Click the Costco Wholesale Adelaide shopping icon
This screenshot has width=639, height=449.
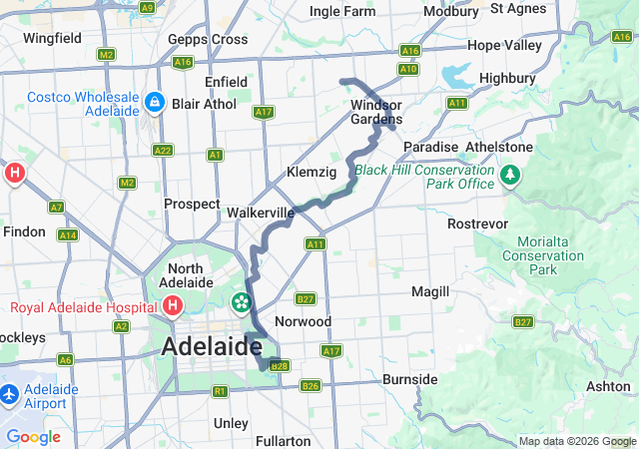tap(154, 102)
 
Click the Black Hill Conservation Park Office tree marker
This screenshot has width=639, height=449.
tap(510, 176)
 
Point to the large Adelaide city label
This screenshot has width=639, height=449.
tap(211, 346)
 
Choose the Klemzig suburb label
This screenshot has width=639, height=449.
tap(312, 172)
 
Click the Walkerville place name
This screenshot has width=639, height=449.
tap(261, 213)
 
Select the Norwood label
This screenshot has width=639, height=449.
tap(304, 321)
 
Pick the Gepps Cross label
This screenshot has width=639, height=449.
tap(208, 39)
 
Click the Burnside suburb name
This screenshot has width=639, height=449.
tap(409, 379)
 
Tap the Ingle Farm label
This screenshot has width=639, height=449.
tap(342, 11)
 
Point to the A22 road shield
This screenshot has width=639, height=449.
tap(163, 150)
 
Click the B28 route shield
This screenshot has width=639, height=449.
tap(280, 366)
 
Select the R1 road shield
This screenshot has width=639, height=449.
tap(220, 392)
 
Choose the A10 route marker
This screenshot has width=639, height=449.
tap(407, 69)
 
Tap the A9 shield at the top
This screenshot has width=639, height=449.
tap(147, 7)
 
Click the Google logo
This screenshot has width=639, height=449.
tap(33, 437)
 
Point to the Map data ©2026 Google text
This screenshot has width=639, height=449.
tap(576, 442)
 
